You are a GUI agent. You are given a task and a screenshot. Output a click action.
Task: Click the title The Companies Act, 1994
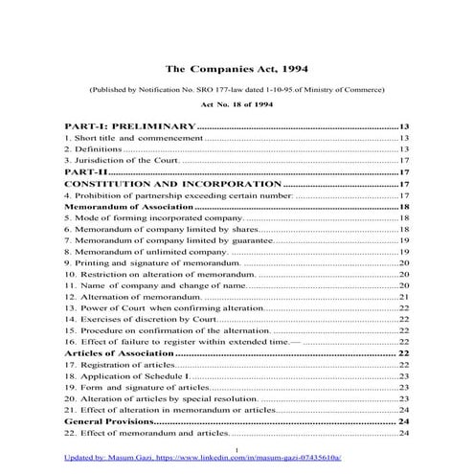click(x=237, y=69)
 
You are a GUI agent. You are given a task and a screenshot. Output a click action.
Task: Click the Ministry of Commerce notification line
click(x=237, y=88)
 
